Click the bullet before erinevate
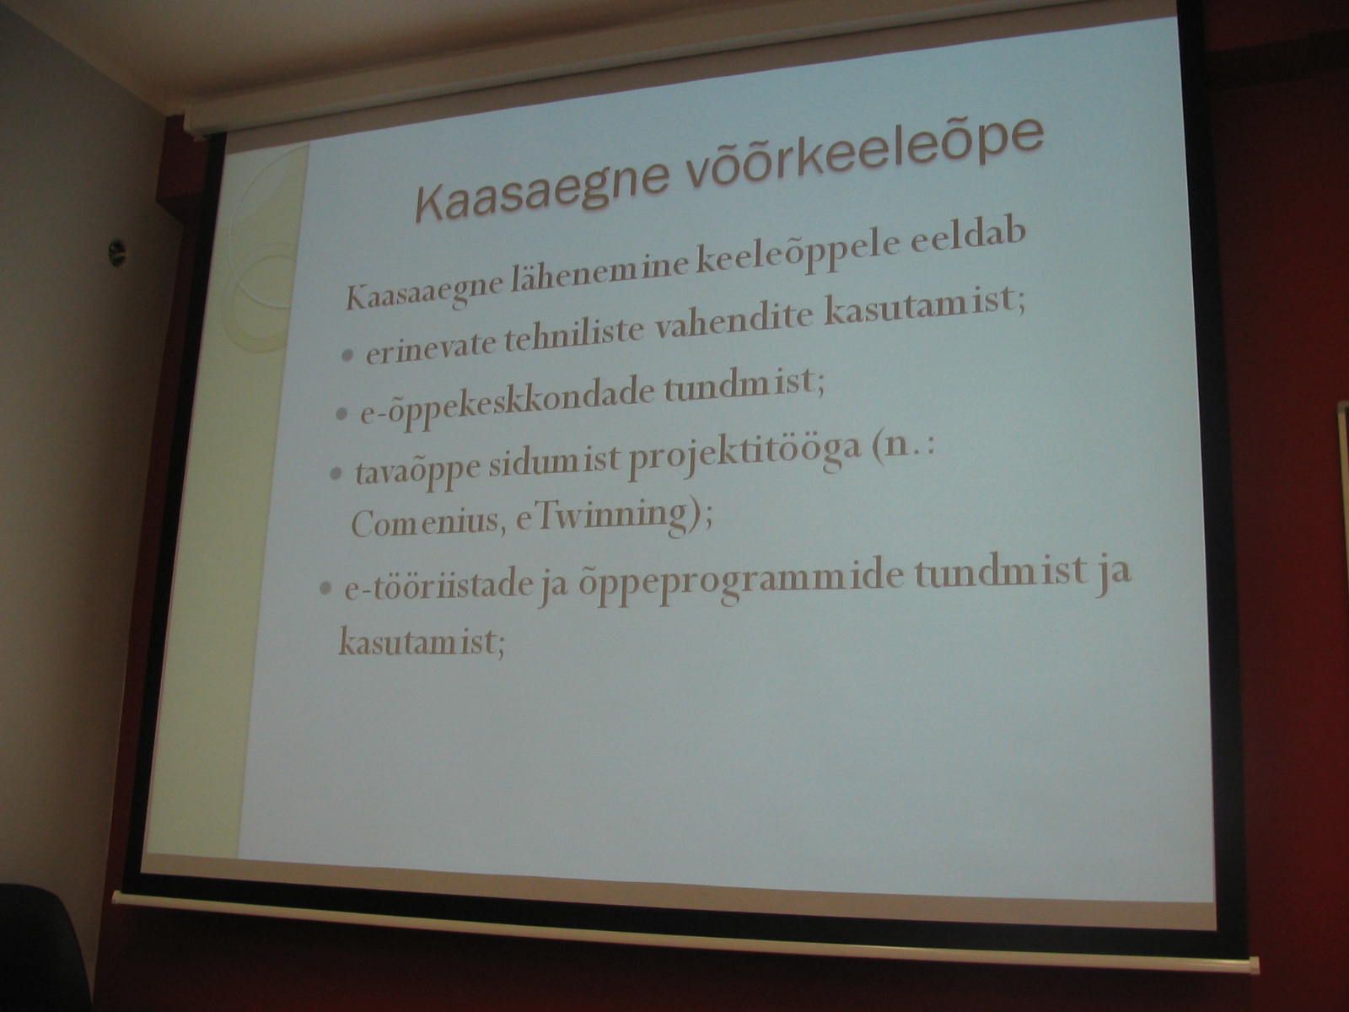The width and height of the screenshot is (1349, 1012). [348, 355]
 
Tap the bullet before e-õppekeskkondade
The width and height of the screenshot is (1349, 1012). [341, 414]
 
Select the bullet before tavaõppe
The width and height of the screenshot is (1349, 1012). [336, 473]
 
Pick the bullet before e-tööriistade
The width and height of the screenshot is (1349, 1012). [325, 588]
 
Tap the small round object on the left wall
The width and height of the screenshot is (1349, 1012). [116, 252]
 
